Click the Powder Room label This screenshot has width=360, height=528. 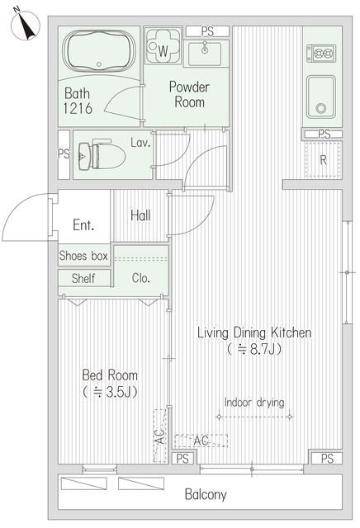tap(188, 94)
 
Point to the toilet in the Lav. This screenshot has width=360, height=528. tap(98, 154)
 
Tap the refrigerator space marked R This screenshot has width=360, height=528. tap(324, 160)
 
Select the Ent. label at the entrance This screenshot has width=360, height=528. tap(83, 224)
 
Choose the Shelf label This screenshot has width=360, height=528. tap(83, 279)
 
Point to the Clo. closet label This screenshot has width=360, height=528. tap(140, 279)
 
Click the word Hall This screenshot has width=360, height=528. tap(140, 215)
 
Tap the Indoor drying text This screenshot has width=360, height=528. tap(254, 403)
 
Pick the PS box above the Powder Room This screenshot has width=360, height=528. tap(206, 31)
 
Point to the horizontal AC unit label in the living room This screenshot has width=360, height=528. tap(201, 441)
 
